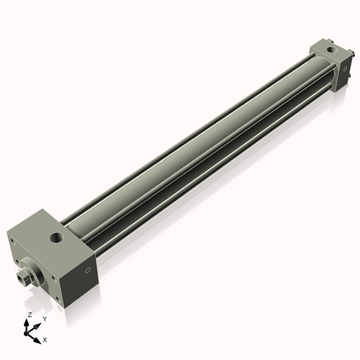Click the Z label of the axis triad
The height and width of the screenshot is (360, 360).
28,315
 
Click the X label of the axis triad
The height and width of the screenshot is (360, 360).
45,338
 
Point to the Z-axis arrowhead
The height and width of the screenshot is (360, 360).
28,322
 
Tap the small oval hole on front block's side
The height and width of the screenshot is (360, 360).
87,271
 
